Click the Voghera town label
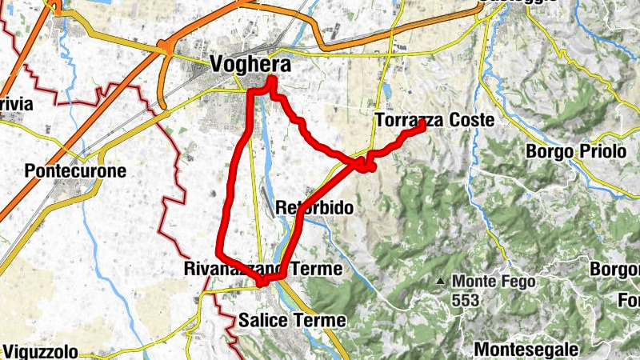(x=249, y=64)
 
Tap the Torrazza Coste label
(x=434, y=121)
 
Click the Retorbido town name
(x=314, y=208)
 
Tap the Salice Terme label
(x=292, y=321)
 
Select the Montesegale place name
(x=526, y=349)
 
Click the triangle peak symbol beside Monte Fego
(x=441, y=282)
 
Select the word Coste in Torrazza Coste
(x=474, y=121)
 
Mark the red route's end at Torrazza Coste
(x=422, y=124)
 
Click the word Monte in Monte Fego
(x=472, y=282)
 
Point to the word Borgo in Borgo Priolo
(x=545, y=151)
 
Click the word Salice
(x=262, y=321)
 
